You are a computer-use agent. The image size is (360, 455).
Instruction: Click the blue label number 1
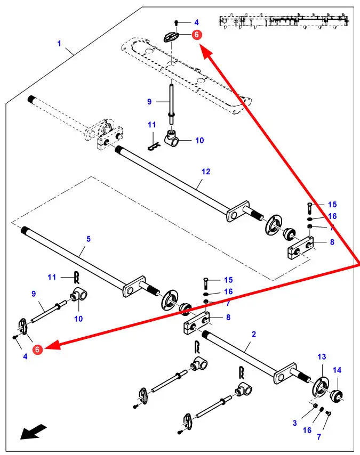[59, 43]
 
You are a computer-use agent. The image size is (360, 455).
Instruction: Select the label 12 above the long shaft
[206, 172]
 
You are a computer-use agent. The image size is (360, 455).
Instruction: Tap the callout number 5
[89, 239]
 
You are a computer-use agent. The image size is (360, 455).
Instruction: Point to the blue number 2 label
[254, 335]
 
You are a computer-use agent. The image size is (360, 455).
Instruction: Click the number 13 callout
[321, 356]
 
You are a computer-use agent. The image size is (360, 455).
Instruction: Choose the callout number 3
[294, 423]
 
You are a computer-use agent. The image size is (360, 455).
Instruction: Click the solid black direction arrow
[34, 431]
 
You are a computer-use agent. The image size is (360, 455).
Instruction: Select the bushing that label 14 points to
[338, 395]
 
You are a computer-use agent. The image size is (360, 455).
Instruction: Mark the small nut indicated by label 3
[315, 407]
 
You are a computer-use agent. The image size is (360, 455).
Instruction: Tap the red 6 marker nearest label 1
[196, 35]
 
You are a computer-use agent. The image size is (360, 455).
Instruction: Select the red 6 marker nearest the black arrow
[37, 350]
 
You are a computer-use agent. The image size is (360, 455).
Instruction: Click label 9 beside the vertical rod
[149, 101]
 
